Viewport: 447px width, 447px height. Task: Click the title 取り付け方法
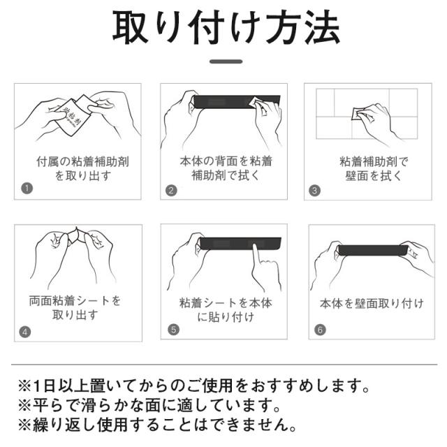click(x=226, y=27)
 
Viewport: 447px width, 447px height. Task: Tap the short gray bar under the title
click(x=226, y=61)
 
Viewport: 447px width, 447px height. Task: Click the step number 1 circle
click(x=27, y=189)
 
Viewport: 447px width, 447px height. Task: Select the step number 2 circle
click(x=171, y=190)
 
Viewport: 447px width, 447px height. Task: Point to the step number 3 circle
click(x=315, y=191)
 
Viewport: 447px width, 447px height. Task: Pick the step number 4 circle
click(x=25, y=332)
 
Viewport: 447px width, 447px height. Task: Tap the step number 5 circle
click(x=174, y=330)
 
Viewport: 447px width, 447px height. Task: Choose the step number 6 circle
click(x=320, y=330)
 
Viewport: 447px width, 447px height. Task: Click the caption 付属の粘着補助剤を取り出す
click(x=82, y=168)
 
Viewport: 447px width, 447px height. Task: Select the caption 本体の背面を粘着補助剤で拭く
click(x=226, y=168)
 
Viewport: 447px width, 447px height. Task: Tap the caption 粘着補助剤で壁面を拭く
click(x=374, y=169)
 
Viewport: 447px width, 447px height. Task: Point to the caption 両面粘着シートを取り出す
click(x=75, y=308)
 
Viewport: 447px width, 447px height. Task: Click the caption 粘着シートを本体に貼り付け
click(x=226, y=309)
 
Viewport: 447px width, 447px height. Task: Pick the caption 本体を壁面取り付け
click(x=372, y=303)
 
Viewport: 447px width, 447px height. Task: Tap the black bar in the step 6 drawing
click(x=373, y=250)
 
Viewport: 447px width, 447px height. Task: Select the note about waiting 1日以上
click(x=194, y=386)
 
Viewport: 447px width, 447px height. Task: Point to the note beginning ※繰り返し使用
click(x=158, y=425)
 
